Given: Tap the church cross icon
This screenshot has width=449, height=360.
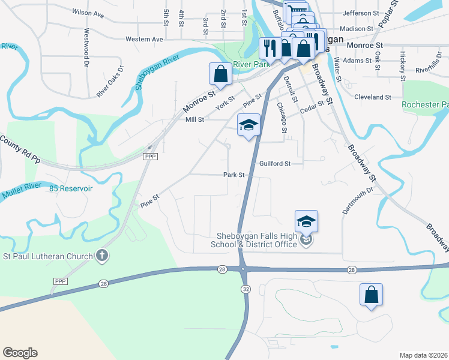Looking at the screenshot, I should point(103,256).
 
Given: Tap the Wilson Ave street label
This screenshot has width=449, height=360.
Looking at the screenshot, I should point(88,11).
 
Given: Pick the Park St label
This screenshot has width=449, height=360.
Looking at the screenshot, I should point(234,175).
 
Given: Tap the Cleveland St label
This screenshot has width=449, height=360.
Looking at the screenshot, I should point(373,97).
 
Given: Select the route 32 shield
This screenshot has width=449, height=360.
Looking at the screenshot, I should point(245,289).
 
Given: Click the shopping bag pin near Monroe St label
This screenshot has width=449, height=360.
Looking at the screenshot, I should point(220,74).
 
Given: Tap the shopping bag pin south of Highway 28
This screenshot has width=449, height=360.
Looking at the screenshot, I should point(371,295).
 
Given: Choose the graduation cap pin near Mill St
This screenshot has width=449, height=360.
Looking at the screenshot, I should point(249,125).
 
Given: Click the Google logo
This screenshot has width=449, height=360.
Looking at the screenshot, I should point(20,353).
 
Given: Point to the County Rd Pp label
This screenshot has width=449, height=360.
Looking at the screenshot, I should point(20,150).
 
